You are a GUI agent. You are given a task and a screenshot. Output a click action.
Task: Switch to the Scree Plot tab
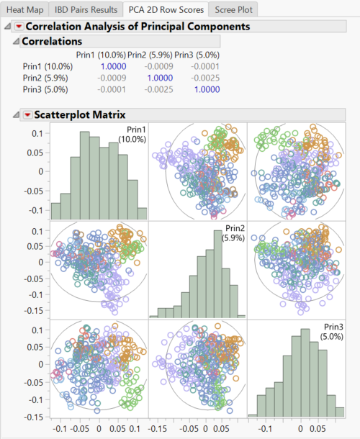233,9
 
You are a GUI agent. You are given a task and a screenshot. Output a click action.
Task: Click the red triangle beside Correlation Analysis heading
18,27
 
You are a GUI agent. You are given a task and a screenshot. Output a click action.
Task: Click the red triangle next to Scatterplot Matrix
27,114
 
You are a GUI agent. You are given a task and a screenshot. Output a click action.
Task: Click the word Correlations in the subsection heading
51,42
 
